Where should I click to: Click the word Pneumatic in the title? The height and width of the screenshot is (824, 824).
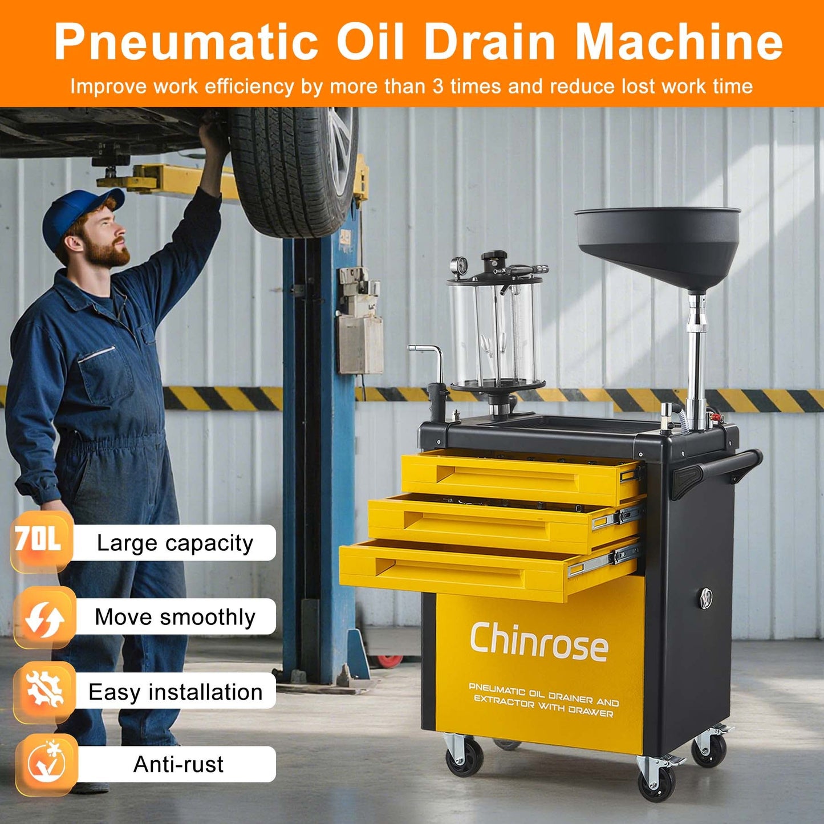coord(186,42)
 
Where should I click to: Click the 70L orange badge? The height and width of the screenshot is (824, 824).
coord(39,539)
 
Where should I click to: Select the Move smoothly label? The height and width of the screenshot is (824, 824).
coord(174,617)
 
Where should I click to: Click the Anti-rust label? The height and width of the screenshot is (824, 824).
coord(178,764)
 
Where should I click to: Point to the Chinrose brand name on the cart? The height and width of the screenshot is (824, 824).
coord(539,643)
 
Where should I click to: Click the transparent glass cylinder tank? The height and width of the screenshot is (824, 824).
coord(493,334)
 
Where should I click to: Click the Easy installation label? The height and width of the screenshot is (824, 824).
coord(175,692)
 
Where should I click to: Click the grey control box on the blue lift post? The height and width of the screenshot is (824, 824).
coord(359,342)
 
